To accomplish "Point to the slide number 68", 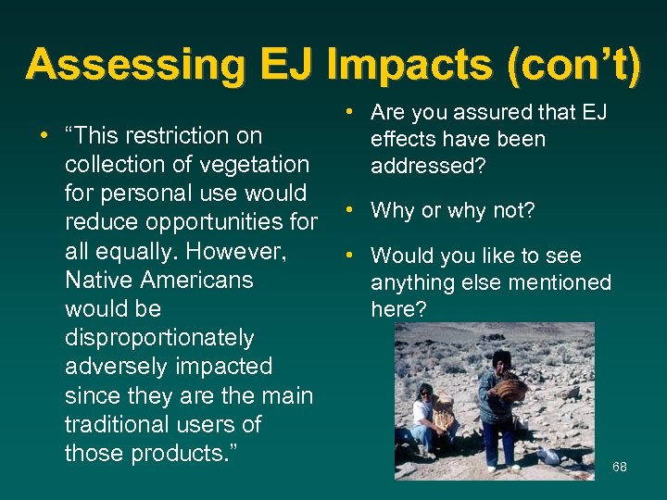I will pos(620,467).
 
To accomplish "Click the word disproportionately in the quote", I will pos(159,338).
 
